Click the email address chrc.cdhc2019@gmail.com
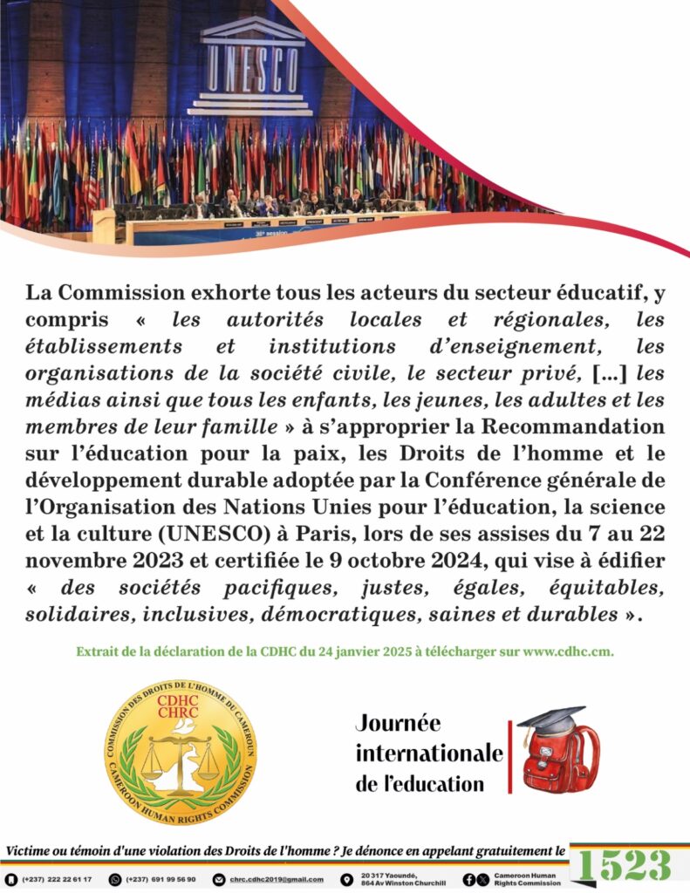click(275, 879)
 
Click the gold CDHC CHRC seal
click(181, 753)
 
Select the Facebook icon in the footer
click(469, 879)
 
